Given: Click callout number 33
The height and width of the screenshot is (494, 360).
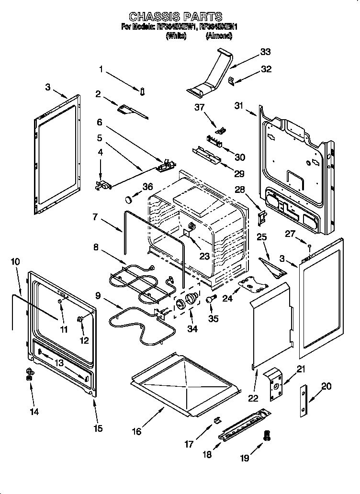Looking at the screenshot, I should (x=265, y=52).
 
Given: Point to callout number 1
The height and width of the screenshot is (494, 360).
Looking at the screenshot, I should (x=101, y=69).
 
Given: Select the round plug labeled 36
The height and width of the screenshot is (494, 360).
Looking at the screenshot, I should (x=128, y=198).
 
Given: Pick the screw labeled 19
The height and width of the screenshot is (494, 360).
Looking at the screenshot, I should (x=267, y=436).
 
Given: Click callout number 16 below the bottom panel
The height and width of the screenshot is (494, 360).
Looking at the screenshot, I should (x=137, y=431).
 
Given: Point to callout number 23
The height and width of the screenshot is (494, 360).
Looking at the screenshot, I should (x=204, y=256).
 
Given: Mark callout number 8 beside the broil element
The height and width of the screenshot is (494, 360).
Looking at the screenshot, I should (x=96, y=247).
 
